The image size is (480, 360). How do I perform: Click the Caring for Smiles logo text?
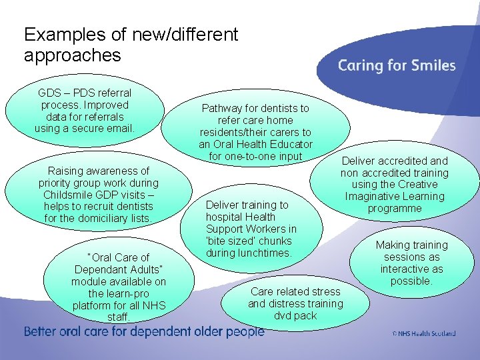pos(397,65)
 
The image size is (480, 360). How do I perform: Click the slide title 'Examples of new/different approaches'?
pos(131,44)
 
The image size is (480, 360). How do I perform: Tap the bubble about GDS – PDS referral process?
pos(85,110)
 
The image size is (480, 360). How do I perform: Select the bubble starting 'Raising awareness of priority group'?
pos(99,195)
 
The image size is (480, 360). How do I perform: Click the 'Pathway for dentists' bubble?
pos(255,132)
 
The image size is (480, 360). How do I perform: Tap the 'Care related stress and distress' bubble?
pos(295,303)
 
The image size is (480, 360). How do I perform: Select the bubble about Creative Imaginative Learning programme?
pos(395,185)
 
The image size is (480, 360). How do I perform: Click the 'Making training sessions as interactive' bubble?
pos(411,263)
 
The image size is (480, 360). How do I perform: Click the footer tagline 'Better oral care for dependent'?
pos(144,332)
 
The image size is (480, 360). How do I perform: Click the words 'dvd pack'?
pos(295,315)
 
